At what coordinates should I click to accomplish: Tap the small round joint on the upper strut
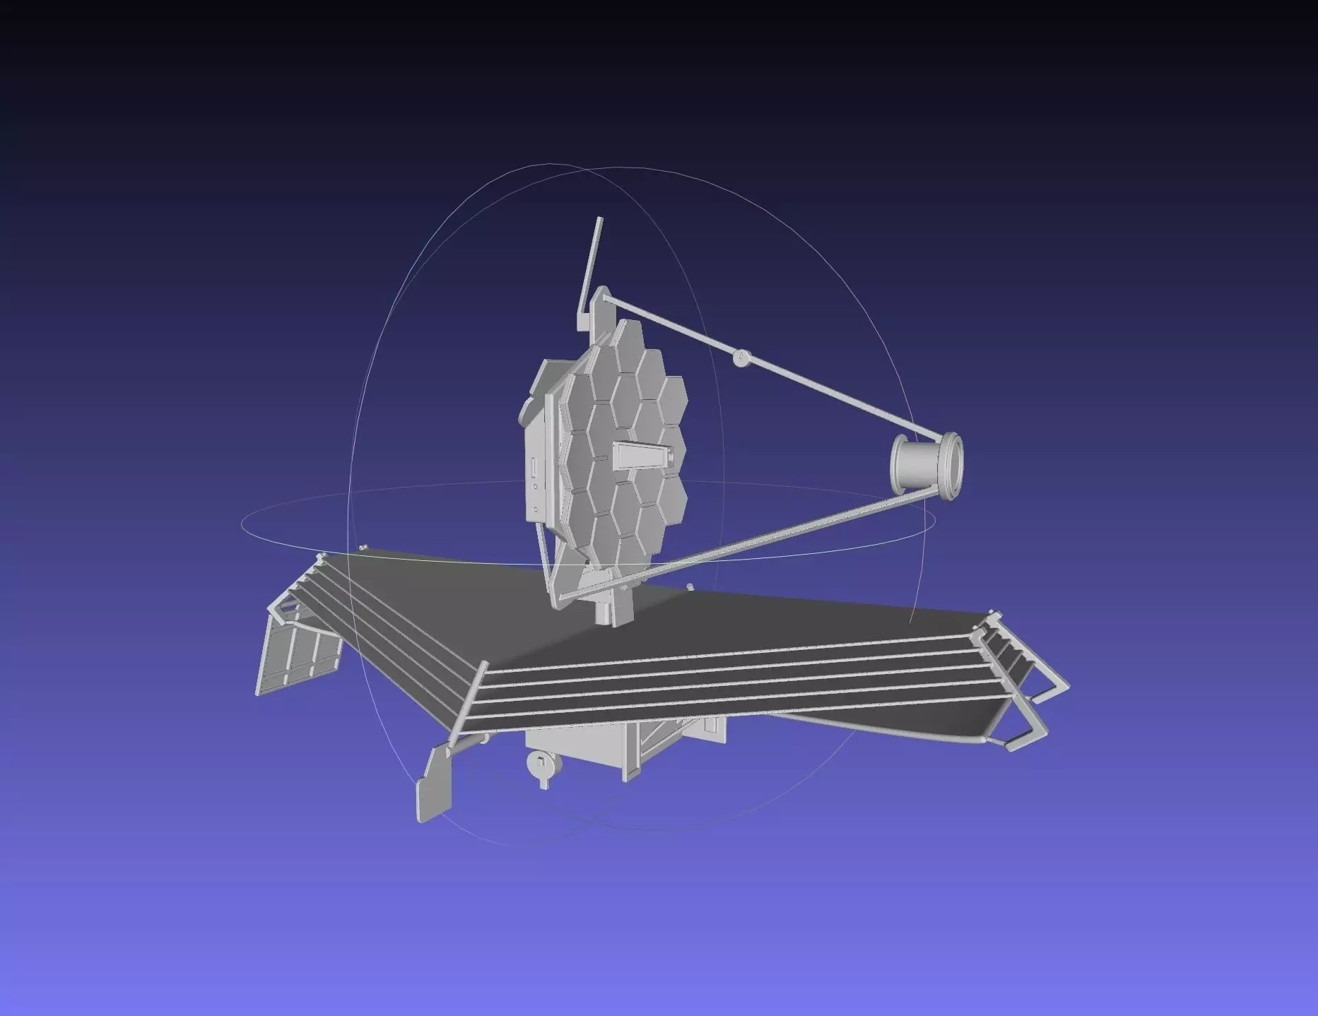click(x=741, y=358)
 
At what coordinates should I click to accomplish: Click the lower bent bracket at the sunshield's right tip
click(x=1025, y=735)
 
